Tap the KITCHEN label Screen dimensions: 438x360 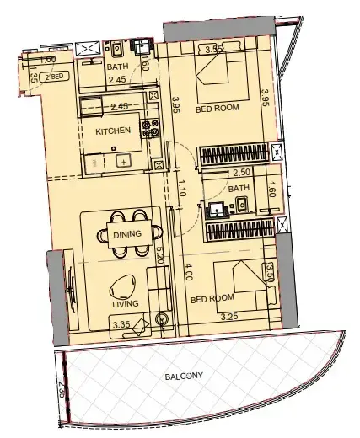click(x=112, y=131)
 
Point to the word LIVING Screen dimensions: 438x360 click(x=126, y=304)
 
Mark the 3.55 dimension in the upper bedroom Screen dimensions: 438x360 click(x=215, y=50)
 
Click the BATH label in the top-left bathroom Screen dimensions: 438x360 click(x=117, y=67)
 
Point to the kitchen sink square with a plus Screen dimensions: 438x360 click(x=123, y=161)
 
